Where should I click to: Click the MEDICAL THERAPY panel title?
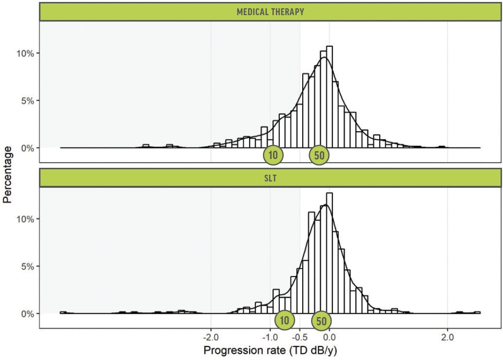[270, 12]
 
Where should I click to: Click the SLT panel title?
[270, 178]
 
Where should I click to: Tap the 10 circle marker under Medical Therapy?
[273, 155]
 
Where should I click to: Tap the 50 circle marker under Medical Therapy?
[320, 155]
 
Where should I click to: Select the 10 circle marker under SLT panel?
[285, 320]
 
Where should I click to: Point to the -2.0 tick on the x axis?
[211, 337]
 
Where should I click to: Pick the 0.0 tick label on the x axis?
[329, 337]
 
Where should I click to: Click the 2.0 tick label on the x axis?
[447, 337]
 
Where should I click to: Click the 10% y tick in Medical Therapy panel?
[23, 53]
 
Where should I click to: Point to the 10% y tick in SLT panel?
[23, 219]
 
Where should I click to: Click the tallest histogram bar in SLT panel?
[329, 254]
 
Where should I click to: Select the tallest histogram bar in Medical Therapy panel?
[329, 98]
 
